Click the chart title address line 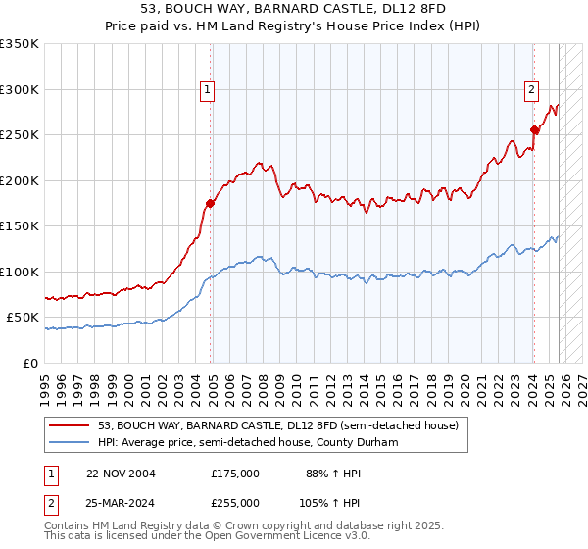[x=294, y=10]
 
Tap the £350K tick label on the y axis [x=20, y=44]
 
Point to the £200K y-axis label [x=20, y=180]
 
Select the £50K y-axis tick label [x=23, y=318]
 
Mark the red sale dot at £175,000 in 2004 [x=210, y=204]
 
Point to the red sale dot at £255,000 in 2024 [x=534, y=129]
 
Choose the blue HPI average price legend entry [x=245, y=442]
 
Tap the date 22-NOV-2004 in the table [x=121, y=473]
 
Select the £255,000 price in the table [x=235, y=502]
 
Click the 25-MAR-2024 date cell [x=121, y=502]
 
